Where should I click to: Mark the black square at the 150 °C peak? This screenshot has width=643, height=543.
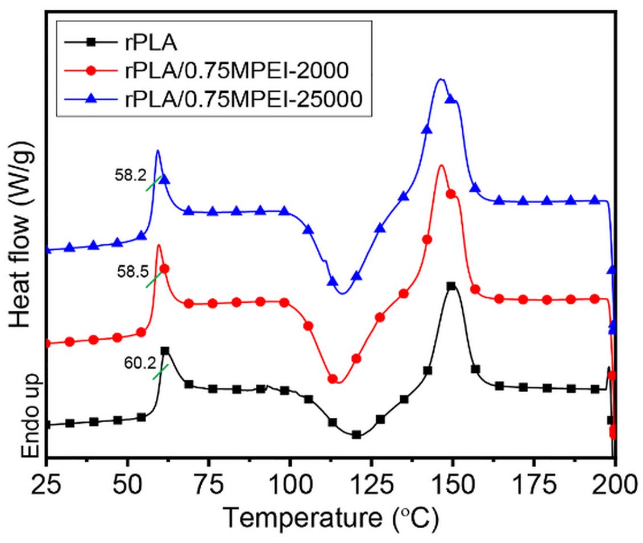(x=451, y=286)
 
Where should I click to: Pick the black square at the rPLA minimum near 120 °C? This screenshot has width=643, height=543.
(x=356, y=434)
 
